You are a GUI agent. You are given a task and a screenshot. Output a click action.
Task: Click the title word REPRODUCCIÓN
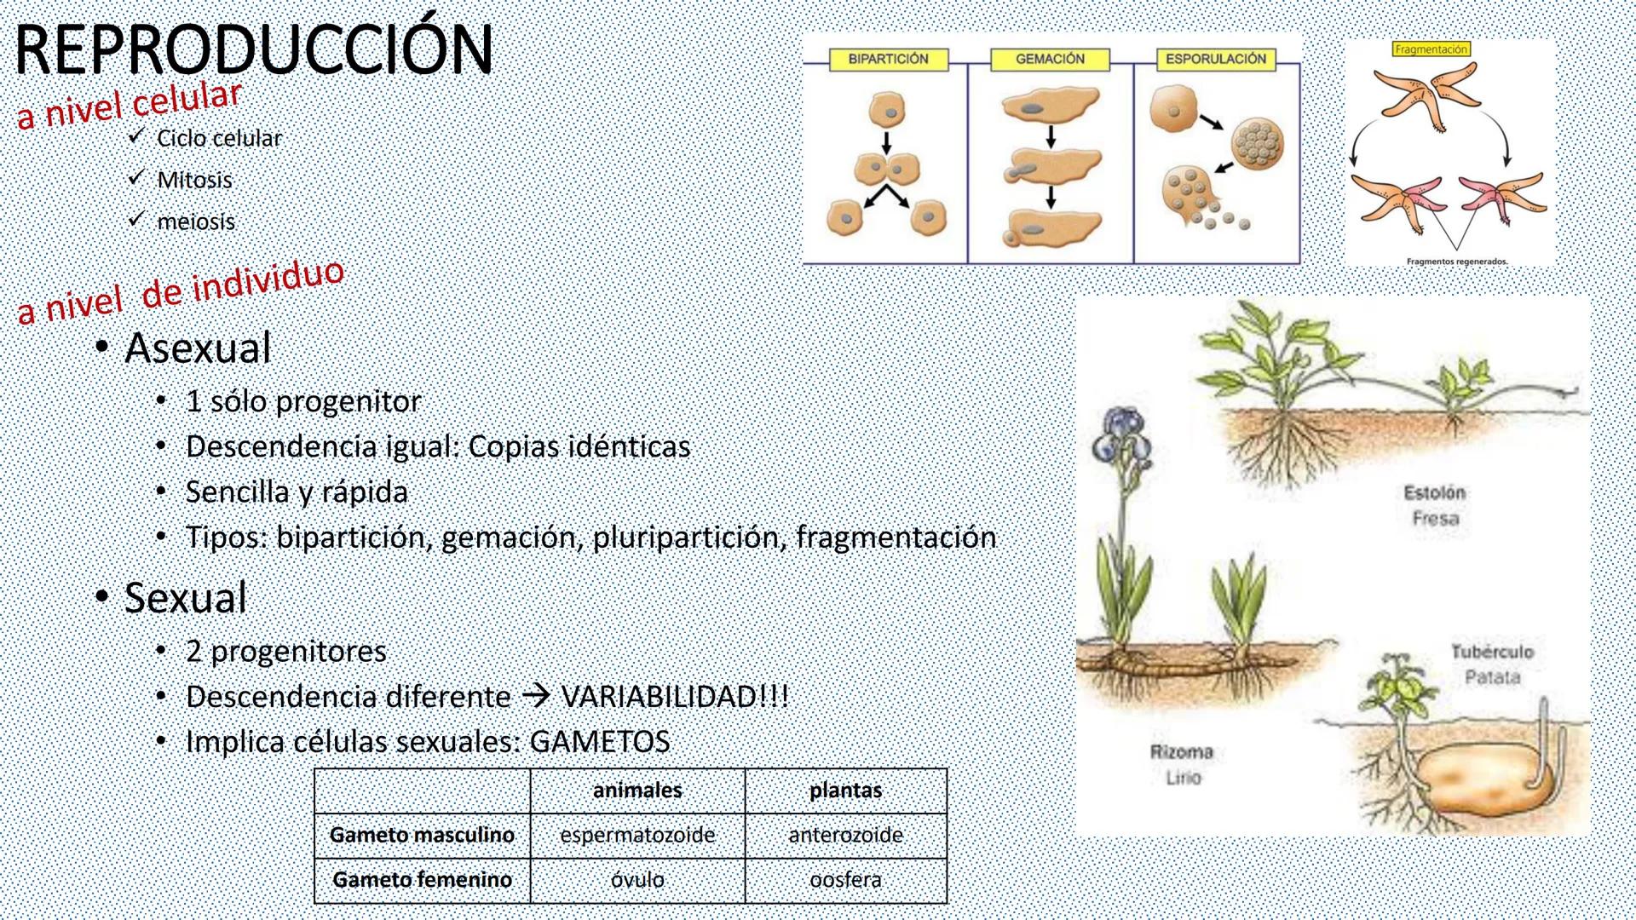[x=254, y=49]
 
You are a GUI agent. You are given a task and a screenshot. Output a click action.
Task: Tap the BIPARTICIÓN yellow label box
[x=888, y=59]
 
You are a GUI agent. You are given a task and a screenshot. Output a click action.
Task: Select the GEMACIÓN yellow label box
[x=1050, y=59]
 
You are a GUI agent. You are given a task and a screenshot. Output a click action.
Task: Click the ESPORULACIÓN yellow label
[x=1216, y=59]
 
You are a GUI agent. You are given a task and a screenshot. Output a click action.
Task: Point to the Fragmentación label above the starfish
[x=1431, y=49]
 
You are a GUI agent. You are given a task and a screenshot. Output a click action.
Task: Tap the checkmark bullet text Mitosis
[x=194, y=181]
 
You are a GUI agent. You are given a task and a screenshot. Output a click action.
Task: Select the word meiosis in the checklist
[x=196, y=221]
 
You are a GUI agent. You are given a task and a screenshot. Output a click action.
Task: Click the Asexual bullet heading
[x=198, y=348]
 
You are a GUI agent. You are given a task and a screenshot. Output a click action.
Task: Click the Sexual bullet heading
[x=186, y=597]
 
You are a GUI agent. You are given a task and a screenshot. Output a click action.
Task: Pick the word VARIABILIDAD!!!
[x=674, y=696]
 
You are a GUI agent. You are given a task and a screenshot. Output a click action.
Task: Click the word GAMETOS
[x=600, y=741]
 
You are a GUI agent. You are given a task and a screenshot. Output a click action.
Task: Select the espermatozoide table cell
[x=637, y=835]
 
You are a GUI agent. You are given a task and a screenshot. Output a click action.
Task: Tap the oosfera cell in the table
[x=845, y=880]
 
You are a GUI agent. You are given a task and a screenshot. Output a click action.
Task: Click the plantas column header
[x=845, y=790]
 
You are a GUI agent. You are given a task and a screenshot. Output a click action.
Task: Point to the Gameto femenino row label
[x=422, y=880]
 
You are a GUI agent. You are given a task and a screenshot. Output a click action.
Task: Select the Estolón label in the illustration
[x=1435, y=492]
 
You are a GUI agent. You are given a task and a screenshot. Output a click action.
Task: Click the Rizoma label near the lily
[x=1181, y=752]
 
